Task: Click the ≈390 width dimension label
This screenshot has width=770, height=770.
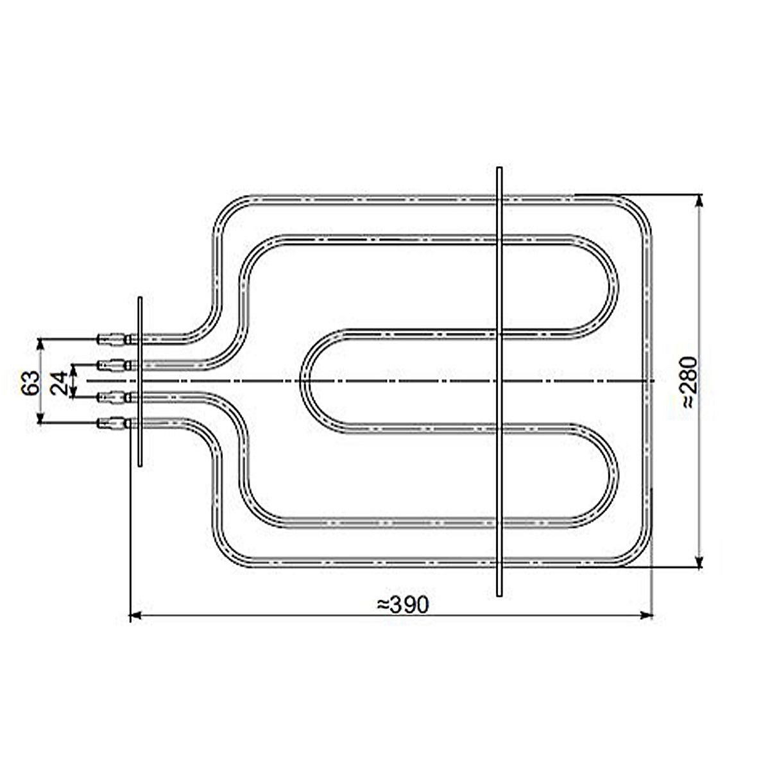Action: click(402, 605)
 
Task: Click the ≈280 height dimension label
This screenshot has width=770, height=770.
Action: click(689, 382)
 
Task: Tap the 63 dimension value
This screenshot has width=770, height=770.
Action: click(31, 383)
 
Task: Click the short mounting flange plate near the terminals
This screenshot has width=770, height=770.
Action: click(139, 382)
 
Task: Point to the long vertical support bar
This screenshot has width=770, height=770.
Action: click(499, 382)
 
